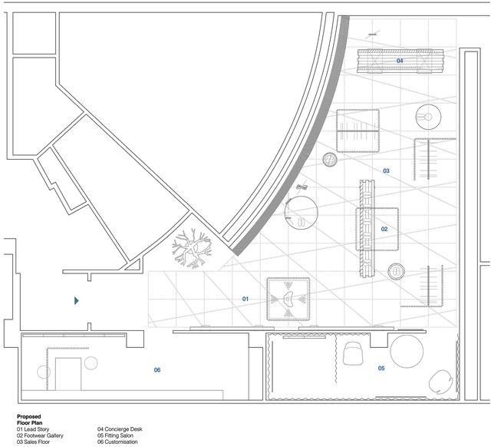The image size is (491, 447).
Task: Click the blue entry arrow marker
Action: coord(77,300)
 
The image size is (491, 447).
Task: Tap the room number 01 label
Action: coord(245,299)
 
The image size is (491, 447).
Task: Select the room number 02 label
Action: coord(384,229)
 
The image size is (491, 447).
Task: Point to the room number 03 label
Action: coord(386,171)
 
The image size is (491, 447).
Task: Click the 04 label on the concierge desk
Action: coord(400,61)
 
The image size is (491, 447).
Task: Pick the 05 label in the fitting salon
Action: coord(381,368)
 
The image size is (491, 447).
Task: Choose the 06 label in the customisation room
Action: coord(157,370)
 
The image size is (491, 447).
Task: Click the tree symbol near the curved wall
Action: coord(192,248)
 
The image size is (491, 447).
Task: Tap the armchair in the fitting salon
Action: coord(353,353)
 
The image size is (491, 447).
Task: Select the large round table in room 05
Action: coord(407,351)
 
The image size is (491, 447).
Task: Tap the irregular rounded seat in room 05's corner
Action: coord(440,382)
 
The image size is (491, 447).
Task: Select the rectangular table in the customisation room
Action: coord(68,373)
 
